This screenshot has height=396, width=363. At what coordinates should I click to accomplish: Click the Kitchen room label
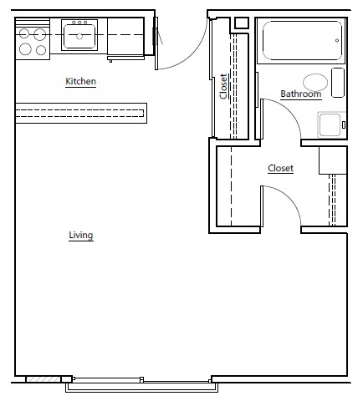[x=80, y=82]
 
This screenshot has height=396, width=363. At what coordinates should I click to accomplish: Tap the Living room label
[x=80, y=236]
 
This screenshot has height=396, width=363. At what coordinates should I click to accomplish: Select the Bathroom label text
[x=300, y=94]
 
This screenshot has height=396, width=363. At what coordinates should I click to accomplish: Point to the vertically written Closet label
[x=223, y=87]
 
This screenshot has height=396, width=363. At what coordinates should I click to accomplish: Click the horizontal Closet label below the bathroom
[x=280, y=168]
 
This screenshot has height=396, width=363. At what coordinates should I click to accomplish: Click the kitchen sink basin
[x=80, y=36]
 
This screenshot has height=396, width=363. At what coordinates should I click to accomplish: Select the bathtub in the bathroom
[x=302, y=41]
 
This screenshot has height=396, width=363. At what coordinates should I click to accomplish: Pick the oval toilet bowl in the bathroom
[x=314, y=82]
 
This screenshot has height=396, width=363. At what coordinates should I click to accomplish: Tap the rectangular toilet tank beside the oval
[x=338, y=83]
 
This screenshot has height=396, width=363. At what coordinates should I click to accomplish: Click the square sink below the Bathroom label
[x=330, y=124]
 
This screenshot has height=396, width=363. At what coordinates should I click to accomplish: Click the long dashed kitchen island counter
[x=80, y=111]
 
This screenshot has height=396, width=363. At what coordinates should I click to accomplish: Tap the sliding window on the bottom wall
[x=139, y=386]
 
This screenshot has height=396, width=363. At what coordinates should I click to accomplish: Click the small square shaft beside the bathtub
[x=242, y=23]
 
